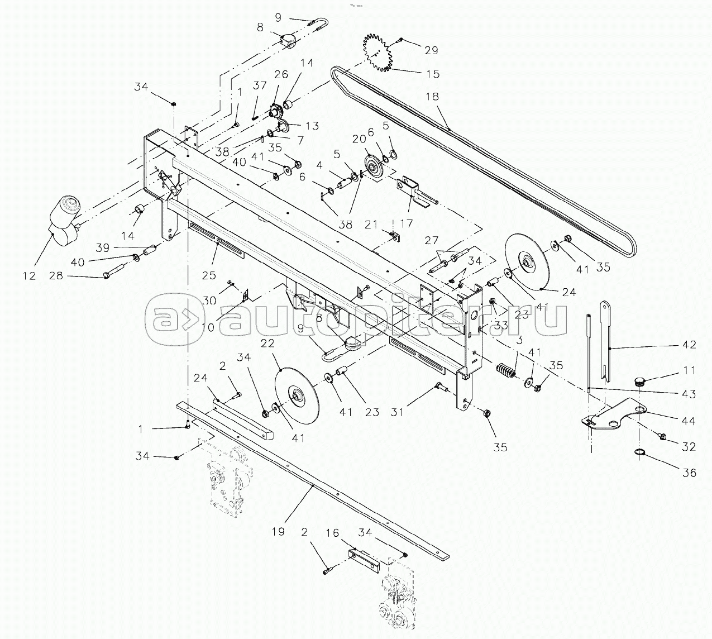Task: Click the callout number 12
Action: coord(29,275)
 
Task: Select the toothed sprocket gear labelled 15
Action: coord(379,53)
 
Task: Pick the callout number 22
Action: coord(267,342)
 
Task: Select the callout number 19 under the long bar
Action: coord(278,532)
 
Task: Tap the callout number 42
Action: coord(689,345)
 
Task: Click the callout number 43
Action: coord(689,394)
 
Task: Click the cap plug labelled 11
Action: coord(641,382)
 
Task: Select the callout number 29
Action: coord(431,50)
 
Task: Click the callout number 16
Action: coord(332,533)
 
